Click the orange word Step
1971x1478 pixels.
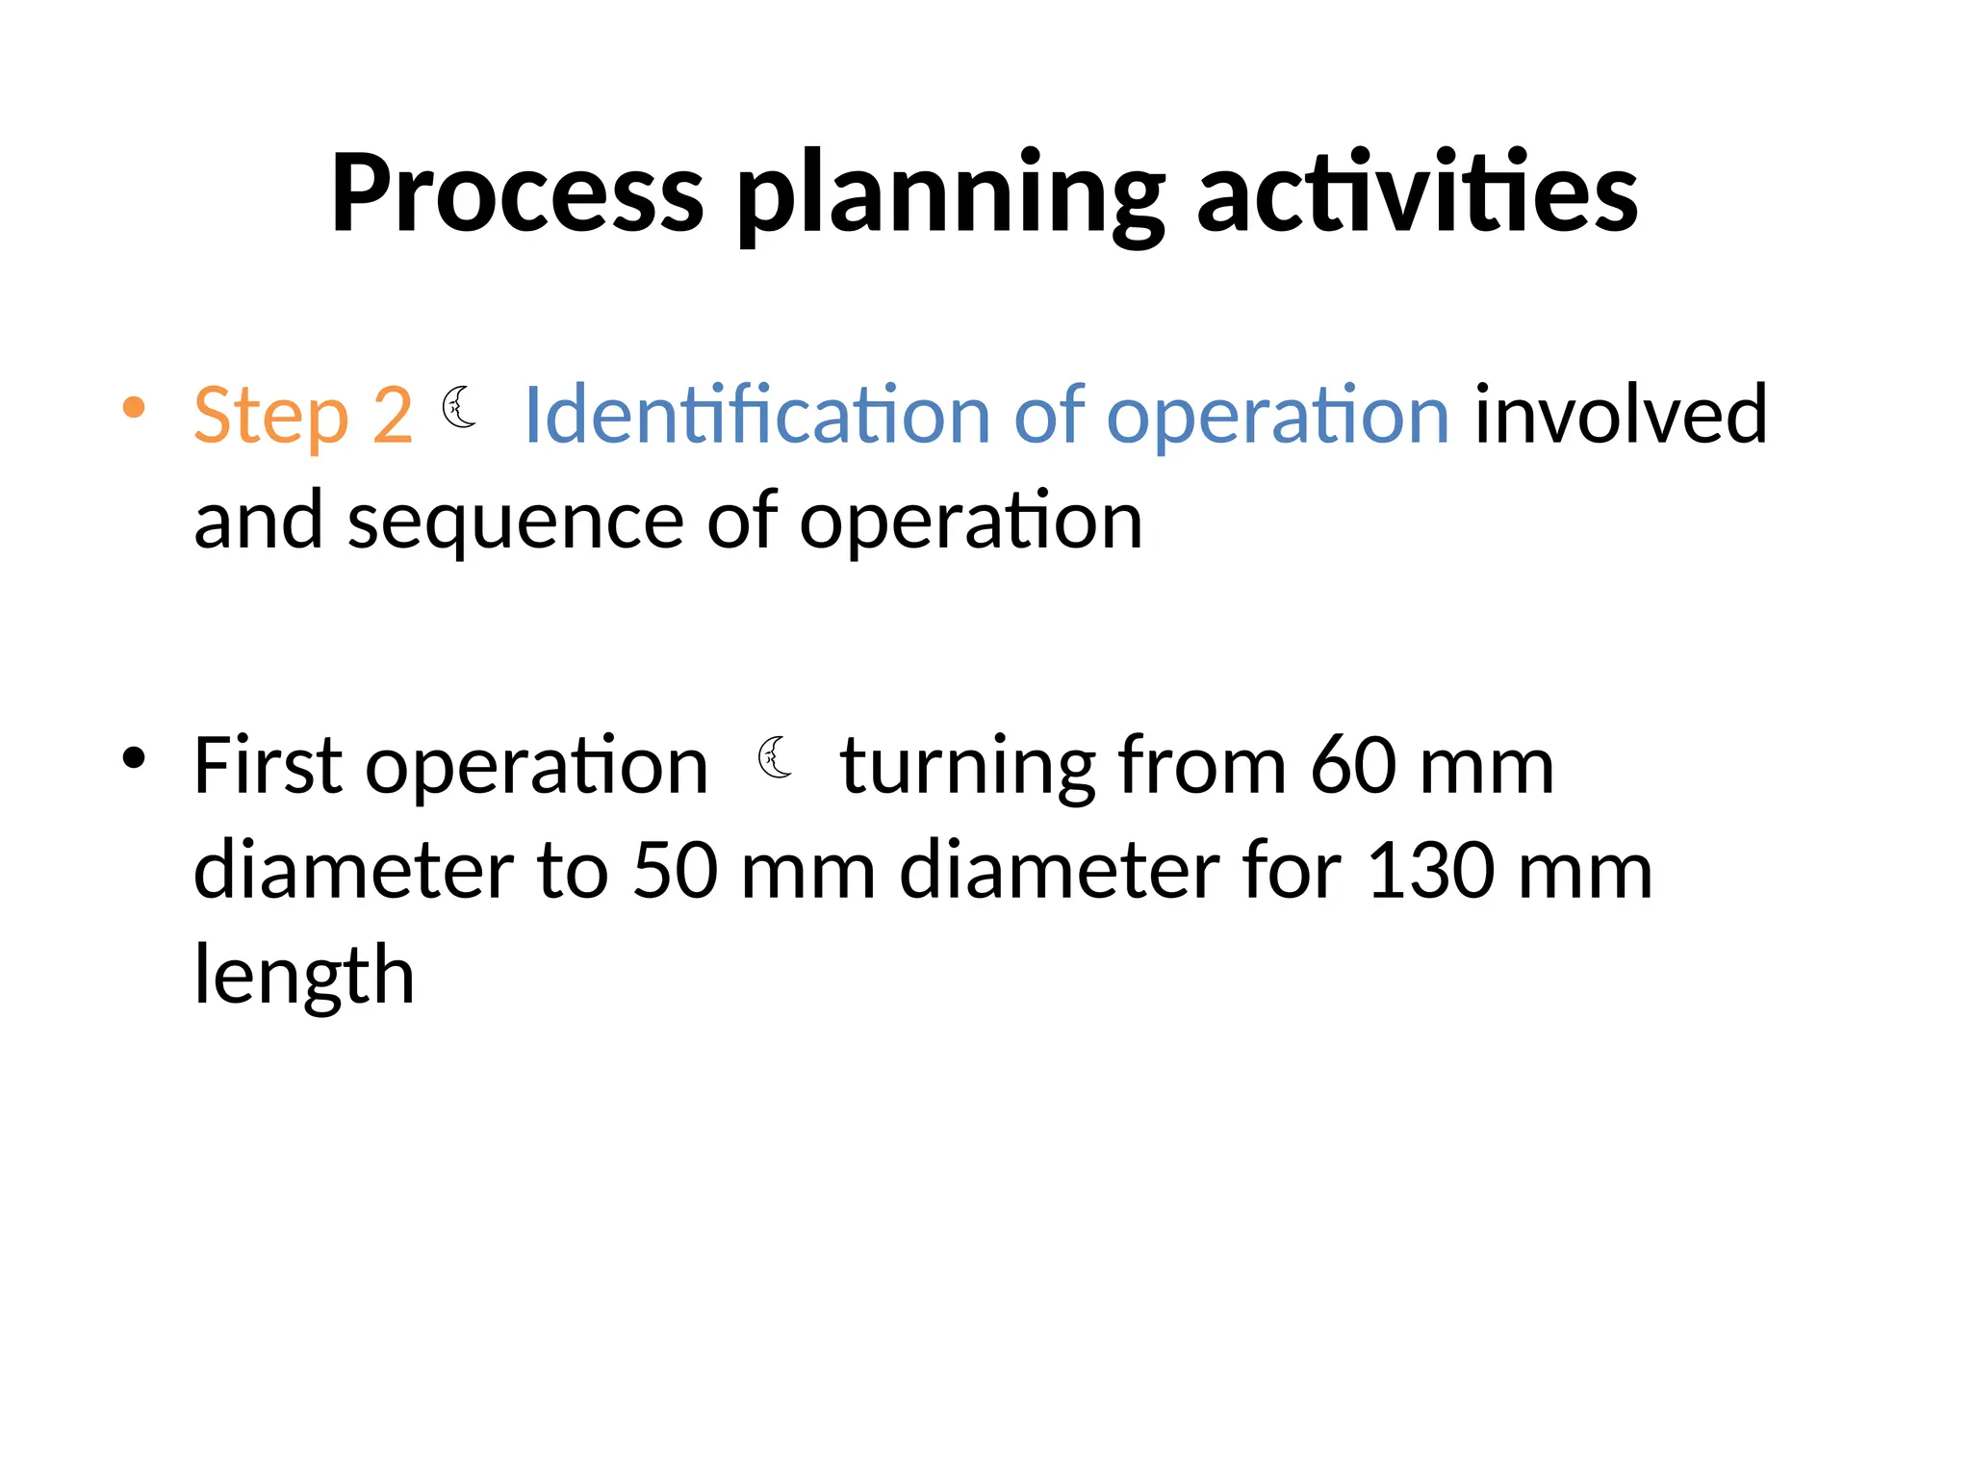click(270, 417)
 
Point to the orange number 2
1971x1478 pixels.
click(393, 415)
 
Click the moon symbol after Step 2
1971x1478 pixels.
click(459, 407)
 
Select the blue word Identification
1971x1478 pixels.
click(755, 415)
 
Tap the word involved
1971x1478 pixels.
click(1621, 415)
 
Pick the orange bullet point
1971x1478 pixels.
click(134, 408)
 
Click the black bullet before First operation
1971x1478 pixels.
click(134, 758)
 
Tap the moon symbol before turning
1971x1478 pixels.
click(775, 757)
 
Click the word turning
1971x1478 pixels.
click(967, 768)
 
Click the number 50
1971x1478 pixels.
click(676, 871)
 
